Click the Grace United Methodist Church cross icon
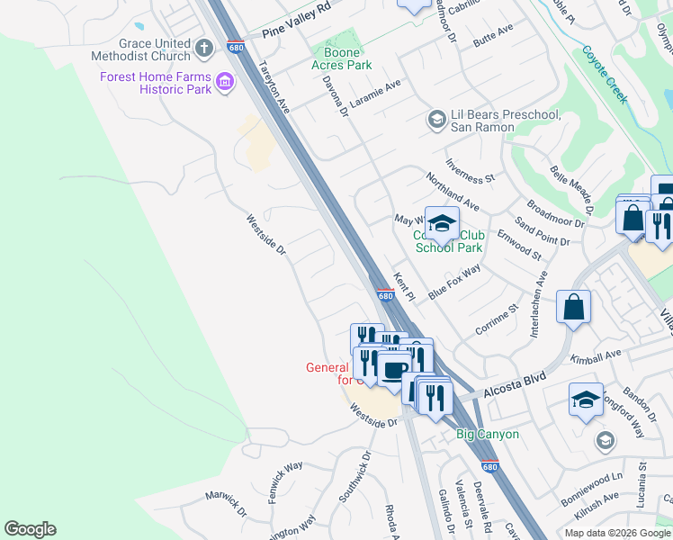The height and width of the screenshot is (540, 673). tap(204, 47)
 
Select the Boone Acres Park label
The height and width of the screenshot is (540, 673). tap(341, 58)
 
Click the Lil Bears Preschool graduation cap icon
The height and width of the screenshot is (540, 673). tap(436, 119)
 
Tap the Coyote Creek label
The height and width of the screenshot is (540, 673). tap(605, 75)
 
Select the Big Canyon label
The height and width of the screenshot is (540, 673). tap(487, 434)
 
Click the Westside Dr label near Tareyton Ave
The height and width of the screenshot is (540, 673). tap(266, 233)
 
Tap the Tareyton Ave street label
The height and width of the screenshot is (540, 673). tap(275, 86)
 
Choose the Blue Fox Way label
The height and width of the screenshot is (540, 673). tap(454, 282)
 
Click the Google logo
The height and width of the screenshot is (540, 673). tap(30, 529)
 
